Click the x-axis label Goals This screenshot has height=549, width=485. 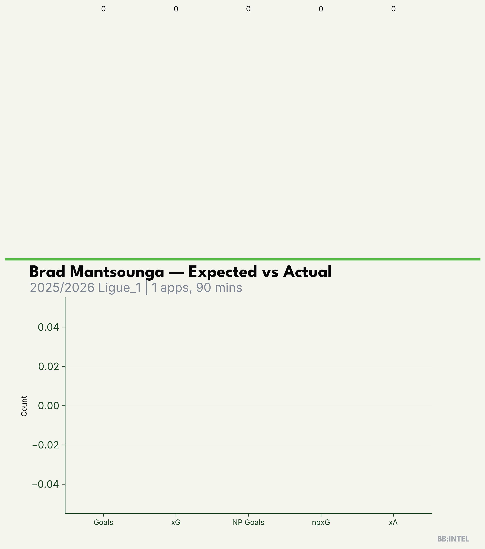point(103,522)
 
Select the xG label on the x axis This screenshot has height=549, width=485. point(176,522)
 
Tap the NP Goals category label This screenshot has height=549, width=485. point(248,522)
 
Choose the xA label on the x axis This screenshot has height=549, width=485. point(393,522)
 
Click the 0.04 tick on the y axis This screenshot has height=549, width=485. point(48,327)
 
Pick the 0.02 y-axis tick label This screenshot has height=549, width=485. point(48,366)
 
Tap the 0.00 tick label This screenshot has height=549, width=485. point(48,406)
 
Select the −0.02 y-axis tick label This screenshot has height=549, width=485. point(45,445)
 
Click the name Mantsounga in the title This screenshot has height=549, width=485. point(117,272)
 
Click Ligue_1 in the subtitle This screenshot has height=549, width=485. point(120,288)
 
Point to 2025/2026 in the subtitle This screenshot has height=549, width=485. point(62,288)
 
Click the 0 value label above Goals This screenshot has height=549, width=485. point(103,9)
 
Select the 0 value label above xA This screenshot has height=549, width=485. point(393,9)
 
